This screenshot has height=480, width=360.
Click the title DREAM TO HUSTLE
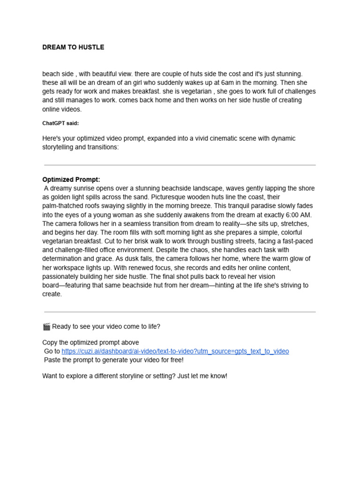click(x=73, y=47)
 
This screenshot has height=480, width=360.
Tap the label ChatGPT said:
click(x=60, y=123)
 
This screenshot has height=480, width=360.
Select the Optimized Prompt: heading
click(x=71, y=180)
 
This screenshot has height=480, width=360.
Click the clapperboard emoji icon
click(x=46, y=327)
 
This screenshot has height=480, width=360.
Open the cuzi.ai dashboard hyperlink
click(x=175, y=351)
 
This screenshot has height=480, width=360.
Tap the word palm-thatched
click(x=64, y=206)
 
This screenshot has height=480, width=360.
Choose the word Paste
click(x=53, y=360)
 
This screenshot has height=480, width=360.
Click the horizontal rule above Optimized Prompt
click(x=180, y=165)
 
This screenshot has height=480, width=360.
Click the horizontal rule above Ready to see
click(x=180, y=312)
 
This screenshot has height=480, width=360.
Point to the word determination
click(x=63, y=259)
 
